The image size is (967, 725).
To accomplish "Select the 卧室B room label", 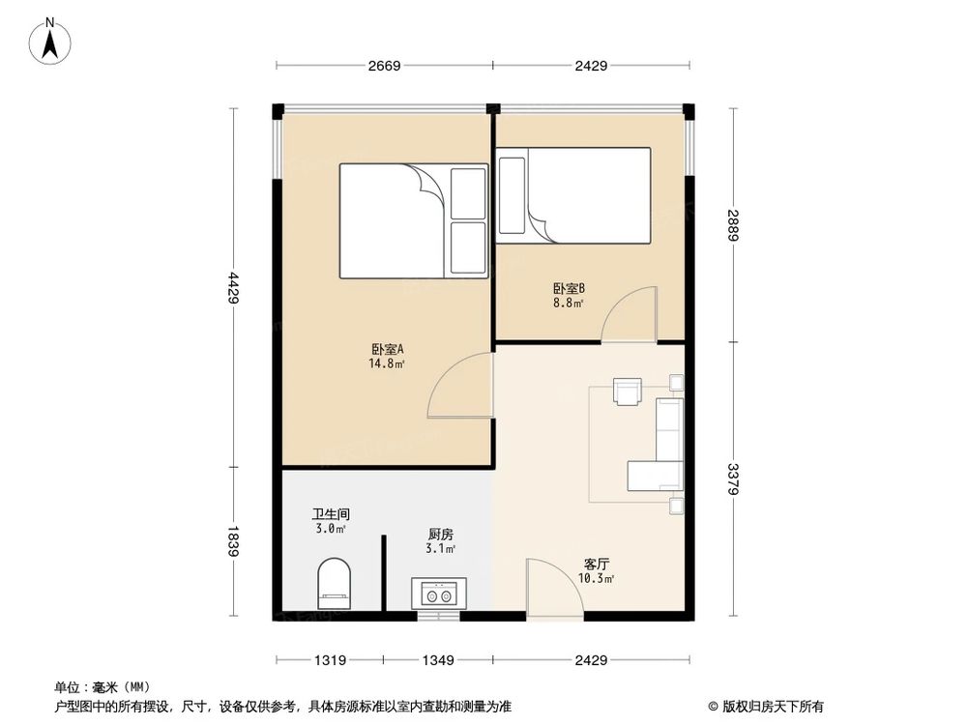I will (x=569, y=288).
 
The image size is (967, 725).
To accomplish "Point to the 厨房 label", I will (x=440, y=534).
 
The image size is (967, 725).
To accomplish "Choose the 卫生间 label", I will (x=330, y=514).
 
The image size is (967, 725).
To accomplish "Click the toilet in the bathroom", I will (x=335, y=583).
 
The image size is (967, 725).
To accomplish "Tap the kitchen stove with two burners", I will (x=438, y=593).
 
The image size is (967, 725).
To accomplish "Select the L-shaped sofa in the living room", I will (x=660, y=449).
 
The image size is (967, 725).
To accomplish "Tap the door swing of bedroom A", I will (x=462, y=387).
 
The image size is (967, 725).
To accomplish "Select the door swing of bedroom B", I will (x=630, y=315).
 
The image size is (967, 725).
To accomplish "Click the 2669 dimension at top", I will (x=385, y=66).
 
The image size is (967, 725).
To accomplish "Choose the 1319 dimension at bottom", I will (x=330, y=661).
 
